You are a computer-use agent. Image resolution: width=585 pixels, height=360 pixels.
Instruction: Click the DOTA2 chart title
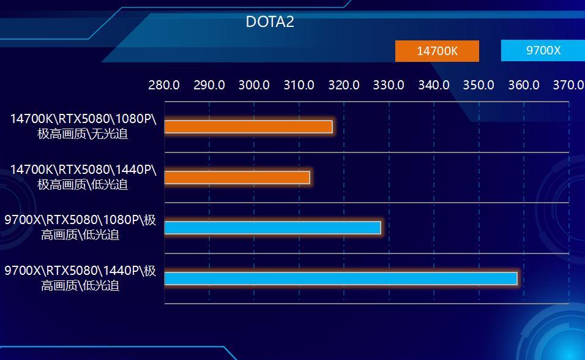[270, 21]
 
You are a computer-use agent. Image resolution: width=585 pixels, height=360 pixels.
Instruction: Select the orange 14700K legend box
[437, 51]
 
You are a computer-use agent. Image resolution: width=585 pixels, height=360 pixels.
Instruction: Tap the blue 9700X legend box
[543, 50]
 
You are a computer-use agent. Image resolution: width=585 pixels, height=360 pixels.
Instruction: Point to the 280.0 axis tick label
[164, 85]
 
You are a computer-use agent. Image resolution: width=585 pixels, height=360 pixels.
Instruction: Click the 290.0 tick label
[209, 85]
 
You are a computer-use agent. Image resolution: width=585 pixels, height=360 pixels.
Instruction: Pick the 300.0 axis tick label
[254, 85]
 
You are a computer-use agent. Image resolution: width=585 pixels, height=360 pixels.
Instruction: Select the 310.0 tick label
[299, 85]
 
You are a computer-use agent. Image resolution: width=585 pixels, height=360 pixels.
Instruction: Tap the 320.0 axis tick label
[344, 85]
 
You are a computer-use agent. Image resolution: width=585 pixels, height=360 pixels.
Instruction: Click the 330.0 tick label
[389, 85]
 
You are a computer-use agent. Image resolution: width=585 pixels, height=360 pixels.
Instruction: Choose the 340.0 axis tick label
[434, 85]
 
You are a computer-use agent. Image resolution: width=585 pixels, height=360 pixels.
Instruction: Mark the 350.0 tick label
[479, 85]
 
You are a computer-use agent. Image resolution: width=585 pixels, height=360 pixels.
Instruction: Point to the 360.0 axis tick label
[524, 85]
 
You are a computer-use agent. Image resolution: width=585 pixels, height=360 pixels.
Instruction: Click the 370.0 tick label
[568, 85]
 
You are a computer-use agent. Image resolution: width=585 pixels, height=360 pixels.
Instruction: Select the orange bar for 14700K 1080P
[248, 127]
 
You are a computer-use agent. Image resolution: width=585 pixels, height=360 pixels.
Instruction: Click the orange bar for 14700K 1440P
[237, 178]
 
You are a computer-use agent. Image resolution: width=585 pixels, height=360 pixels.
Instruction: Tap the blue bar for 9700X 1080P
[273, 228]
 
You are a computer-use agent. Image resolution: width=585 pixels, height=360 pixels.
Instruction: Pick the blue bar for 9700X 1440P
[341, 279]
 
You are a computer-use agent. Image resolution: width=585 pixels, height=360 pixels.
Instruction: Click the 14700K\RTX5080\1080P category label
[83, 126]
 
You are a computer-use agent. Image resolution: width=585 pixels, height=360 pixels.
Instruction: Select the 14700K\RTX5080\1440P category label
[83, 176]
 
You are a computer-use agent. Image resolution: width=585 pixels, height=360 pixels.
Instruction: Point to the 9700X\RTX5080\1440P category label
[80, 278]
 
